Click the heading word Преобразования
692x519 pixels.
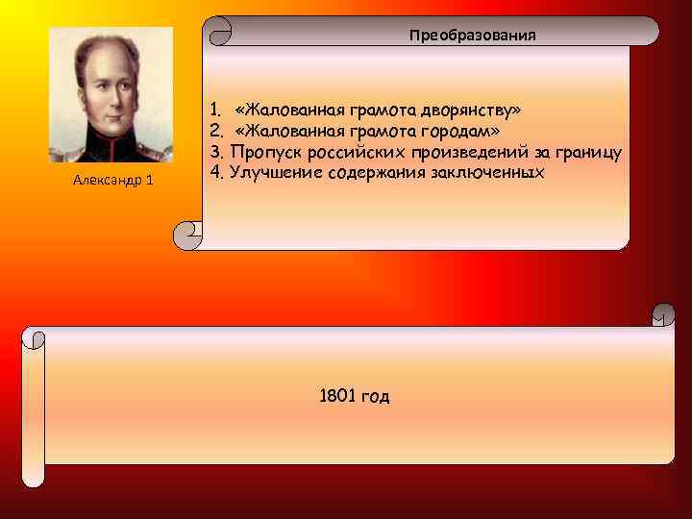472,36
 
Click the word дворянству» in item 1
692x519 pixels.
478,110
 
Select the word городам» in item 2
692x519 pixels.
459,131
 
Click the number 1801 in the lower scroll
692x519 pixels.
335,396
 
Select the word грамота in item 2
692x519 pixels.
377,131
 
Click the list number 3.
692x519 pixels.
215,152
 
